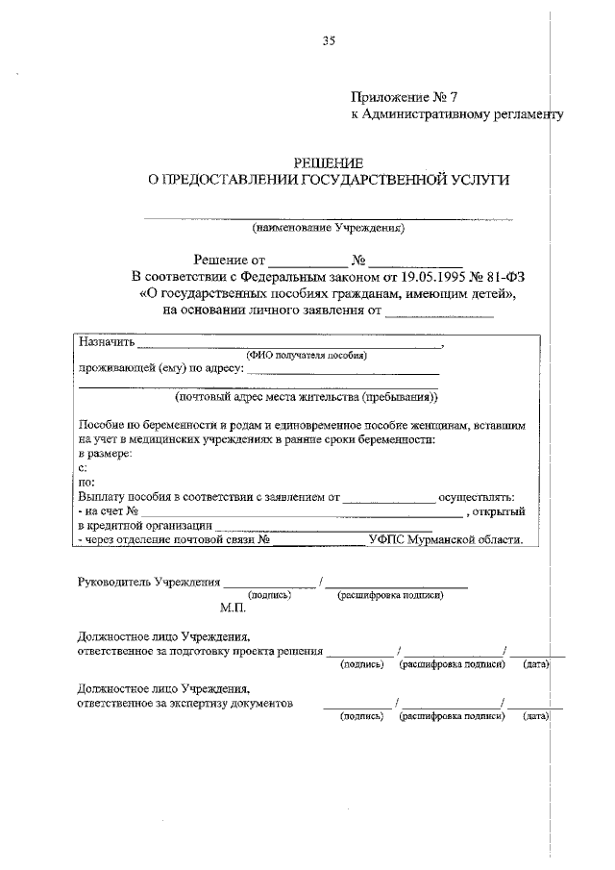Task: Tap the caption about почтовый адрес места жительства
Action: click(x=306, y=395)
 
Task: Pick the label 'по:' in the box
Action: click(x=86, y=482)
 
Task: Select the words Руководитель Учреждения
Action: click(x=149, y=582)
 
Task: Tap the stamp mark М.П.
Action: click(x=234, y=609)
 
